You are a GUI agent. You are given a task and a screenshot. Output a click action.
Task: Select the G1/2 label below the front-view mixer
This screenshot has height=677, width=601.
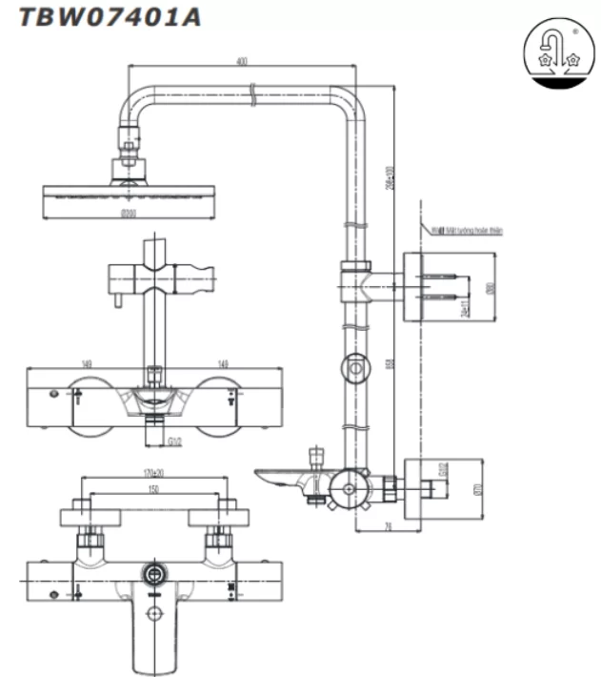[x=175, y=441]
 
